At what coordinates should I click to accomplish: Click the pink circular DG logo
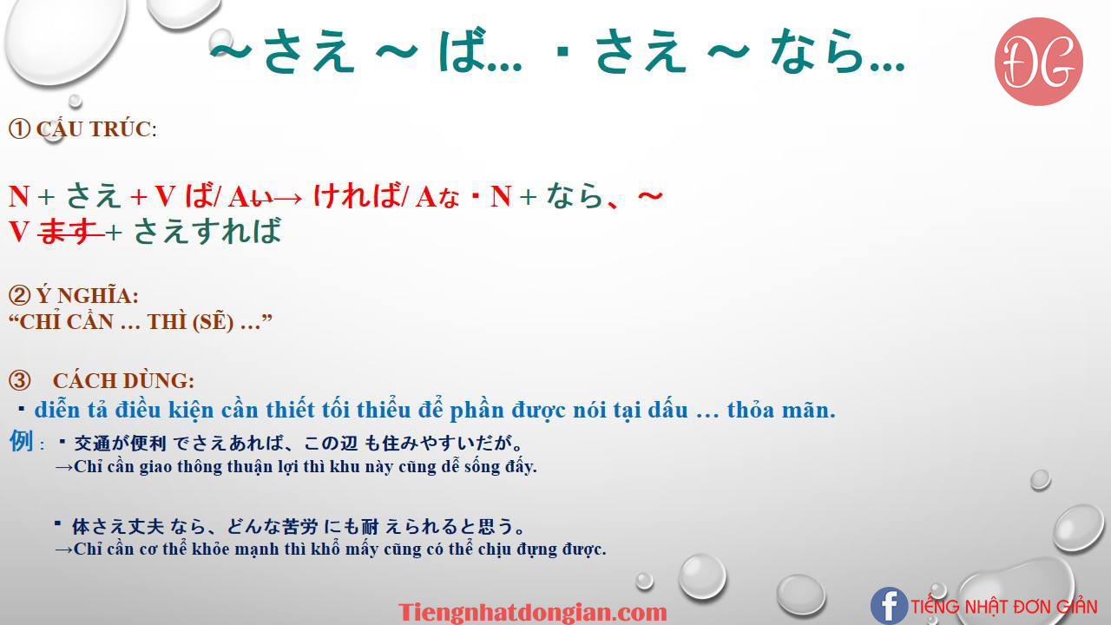point(1039,62)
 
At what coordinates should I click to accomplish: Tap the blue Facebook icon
point(890,606)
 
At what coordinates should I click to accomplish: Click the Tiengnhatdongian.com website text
point(533,612)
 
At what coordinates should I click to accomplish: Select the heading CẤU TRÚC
point(95,129)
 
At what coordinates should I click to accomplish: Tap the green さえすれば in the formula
point(207,231)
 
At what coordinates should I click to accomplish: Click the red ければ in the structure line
point(358,195)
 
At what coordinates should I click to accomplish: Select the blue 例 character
point(22,441)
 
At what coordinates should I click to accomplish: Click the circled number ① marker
point(20,129)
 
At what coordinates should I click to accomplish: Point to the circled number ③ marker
point(20,381)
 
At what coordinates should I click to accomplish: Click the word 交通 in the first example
point(93,443)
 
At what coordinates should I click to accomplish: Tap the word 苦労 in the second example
point(300,526)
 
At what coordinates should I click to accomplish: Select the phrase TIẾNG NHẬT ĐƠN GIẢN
point(1004,607)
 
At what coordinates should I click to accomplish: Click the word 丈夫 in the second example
point(147,526)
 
